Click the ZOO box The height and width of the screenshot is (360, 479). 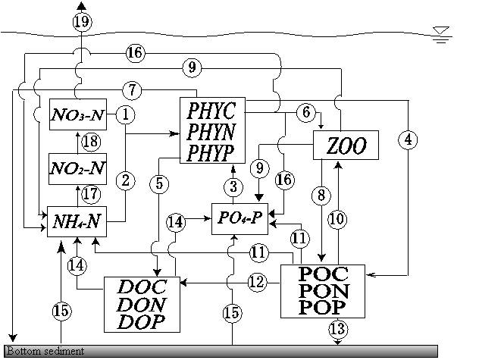345,146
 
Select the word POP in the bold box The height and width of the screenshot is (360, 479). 322,306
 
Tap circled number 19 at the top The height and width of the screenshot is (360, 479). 83,22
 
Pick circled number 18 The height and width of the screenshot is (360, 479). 91,142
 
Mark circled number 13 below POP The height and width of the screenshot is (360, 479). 337,329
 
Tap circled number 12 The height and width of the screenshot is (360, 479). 257,282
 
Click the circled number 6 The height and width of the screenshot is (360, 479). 305,112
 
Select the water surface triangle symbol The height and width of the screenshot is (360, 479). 440,33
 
